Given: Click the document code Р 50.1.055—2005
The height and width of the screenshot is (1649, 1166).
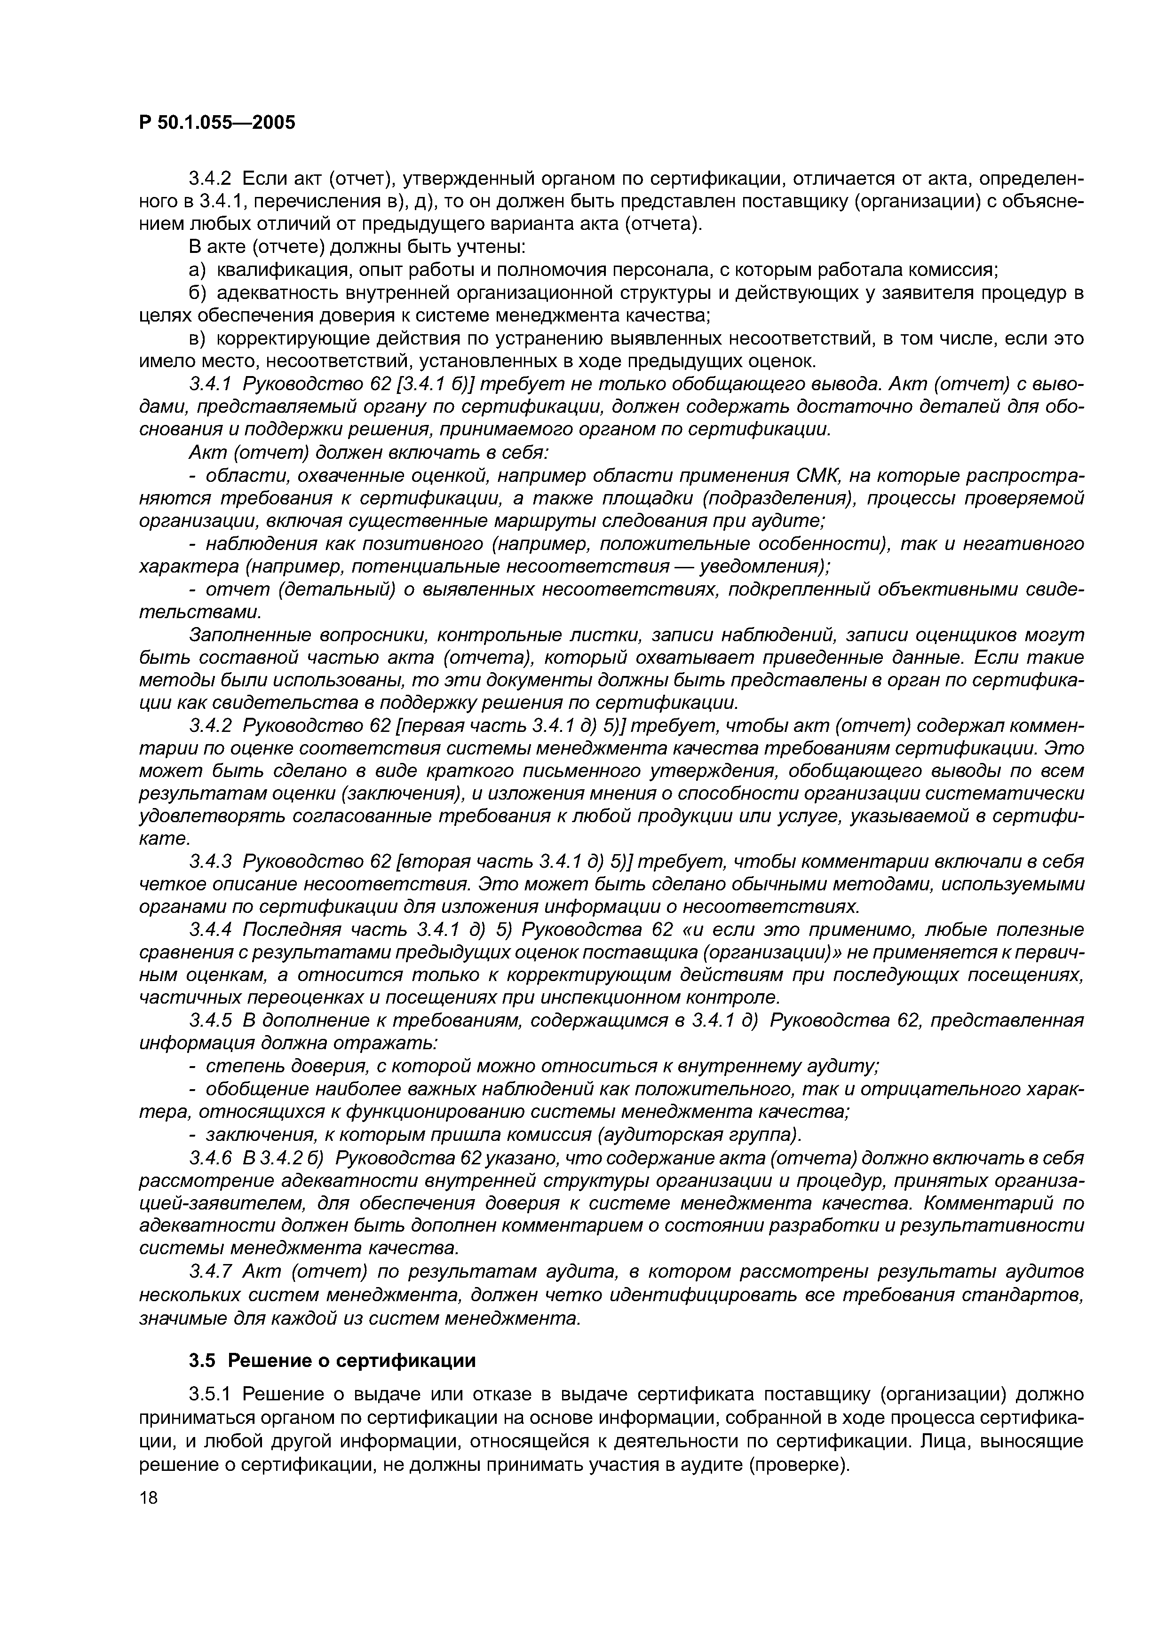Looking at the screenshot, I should [217, 123].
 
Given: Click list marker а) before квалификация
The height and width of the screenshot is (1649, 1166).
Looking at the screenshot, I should [198, 270].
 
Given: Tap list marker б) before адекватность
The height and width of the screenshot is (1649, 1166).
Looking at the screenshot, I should [198, 293].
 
